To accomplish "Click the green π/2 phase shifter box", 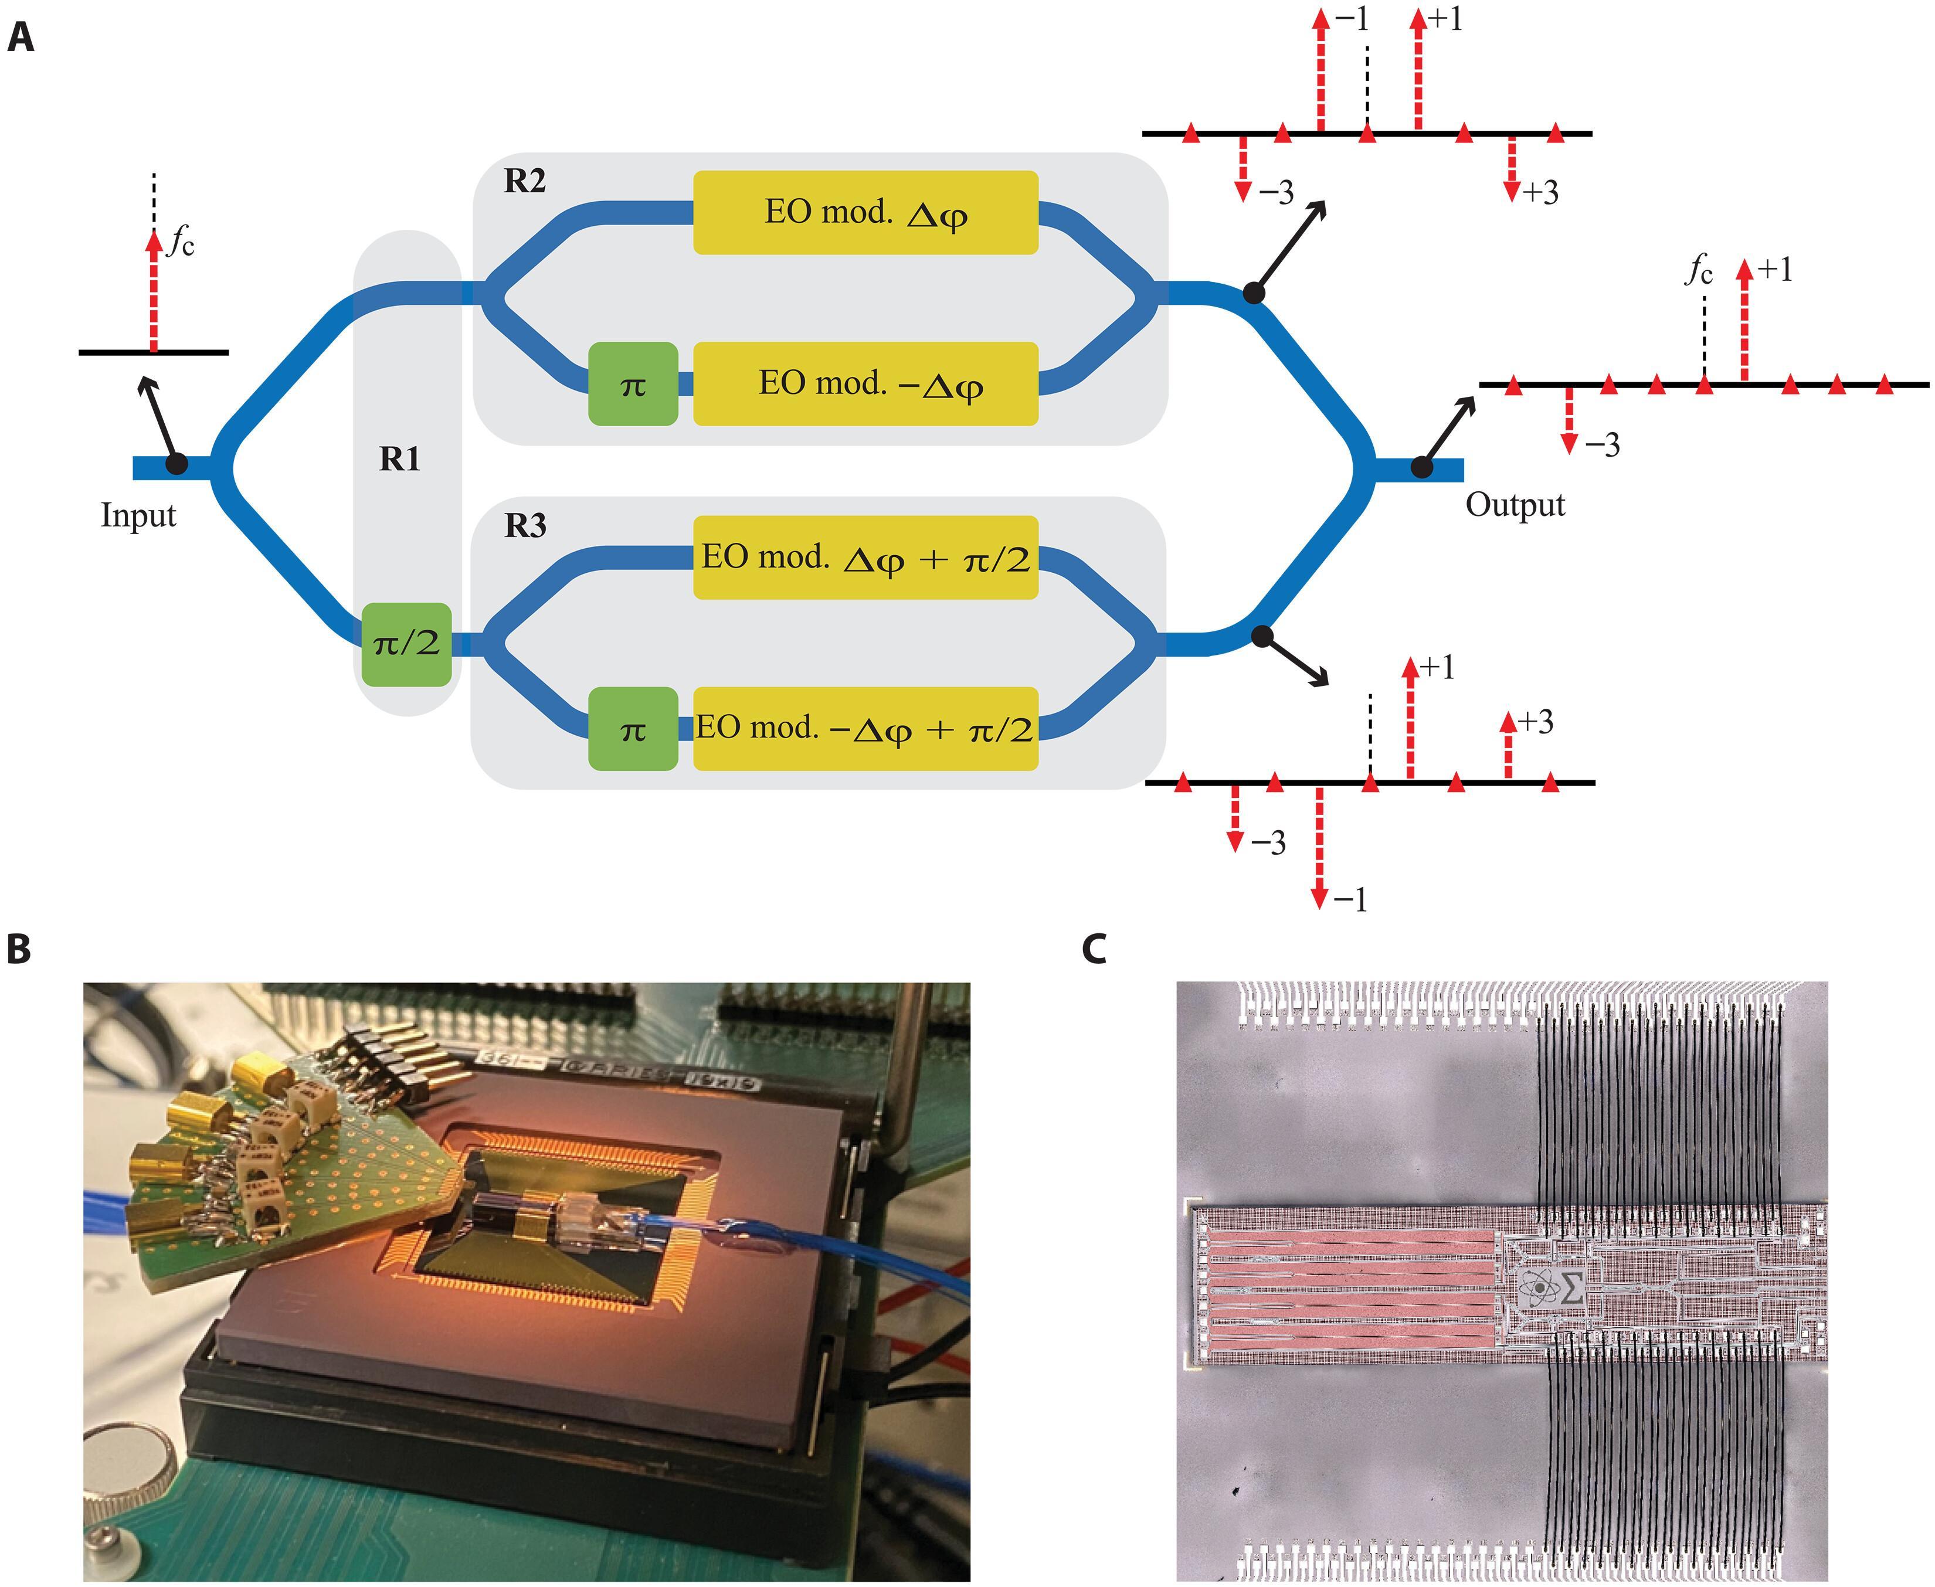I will coord(406,644).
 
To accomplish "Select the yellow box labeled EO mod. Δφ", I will coord(865,212).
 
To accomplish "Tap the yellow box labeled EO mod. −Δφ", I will coord(865,384).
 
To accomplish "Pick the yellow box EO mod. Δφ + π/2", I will coord(865,558).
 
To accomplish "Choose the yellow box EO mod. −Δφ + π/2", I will coord(865,729).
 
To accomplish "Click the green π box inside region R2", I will coord(633,384).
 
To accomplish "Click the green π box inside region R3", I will coord(633,729).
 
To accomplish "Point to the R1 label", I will coord(400,459).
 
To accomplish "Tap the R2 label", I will coord(525,181).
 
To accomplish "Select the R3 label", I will coord(525,526).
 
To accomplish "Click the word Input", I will coord(138,515).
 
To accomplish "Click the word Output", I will coord(1515,505).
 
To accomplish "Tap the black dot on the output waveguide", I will coord(1421,467).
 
